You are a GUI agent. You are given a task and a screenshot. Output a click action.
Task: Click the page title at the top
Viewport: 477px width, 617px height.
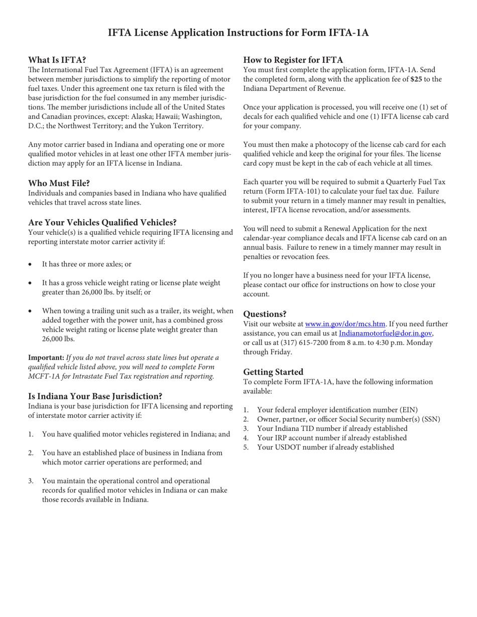coord(238,33)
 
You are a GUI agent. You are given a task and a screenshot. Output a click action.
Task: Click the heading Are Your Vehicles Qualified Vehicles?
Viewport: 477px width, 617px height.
coord(102,222)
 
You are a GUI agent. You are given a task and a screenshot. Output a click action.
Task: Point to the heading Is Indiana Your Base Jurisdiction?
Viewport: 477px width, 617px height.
coord(95,396)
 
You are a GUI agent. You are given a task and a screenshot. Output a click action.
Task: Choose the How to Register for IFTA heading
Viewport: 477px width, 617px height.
coord(293,60)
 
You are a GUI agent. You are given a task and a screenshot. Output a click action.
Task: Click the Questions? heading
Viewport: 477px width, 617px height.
coord(265,314)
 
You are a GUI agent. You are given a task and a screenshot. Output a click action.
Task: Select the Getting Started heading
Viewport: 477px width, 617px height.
coord(273,372)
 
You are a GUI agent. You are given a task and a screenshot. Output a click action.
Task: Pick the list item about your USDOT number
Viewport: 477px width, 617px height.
coord(325,447)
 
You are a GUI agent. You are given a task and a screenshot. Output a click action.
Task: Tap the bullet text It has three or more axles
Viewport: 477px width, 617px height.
coord(86,264)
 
